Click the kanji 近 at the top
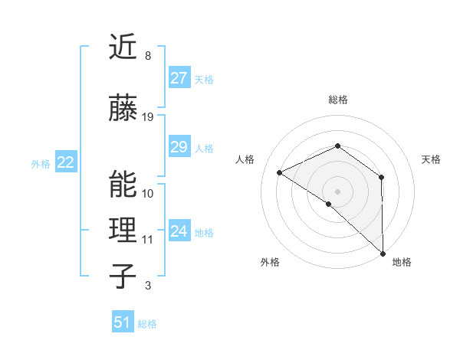tap(123, 48)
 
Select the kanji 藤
tap(123, 109)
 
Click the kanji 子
tap(123, 276)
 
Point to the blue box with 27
tap(179, 78)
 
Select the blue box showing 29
tap(179, 147)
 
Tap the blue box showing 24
tap(179, 231)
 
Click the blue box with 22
tap(65, 162)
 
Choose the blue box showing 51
tap(123, 322)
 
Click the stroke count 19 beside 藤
tap(148, 117)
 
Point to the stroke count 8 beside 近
tap(147, 56)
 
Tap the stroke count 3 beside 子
tap(147, 286)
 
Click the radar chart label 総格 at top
tap(338, 100)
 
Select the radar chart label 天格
tap(431, 159)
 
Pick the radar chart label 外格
tap(270, 263)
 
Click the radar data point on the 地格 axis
tap(382, 253)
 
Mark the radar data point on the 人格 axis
tap(280, 172)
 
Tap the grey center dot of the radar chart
tap(337, 191)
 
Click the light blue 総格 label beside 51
tap(147, 324)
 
